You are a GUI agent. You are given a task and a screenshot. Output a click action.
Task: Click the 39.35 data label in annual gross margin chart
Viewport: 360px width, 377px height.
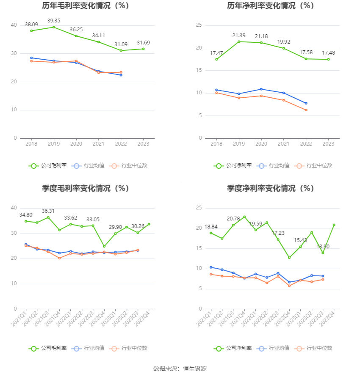(54, 20)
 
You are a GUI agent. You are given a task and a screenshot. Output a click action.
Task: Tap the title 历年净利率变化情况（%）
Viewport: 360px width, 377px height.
(270, 6)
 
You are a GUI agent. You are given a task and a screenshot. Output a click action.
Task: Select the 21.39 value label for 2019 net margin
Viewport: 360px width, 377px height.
(239, 36)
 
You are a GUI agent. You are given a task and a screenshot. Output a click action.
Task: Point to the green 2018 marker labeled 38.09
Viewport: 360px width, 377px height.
(31, 31)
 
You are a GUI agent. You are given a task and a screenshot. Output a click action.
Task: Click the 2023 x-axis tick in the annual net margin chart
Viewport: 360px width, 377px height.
(328, 144)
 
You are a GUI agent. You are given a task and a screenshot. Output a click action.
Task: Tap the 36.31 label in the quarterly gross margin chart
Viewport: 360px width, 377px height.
(48, 211)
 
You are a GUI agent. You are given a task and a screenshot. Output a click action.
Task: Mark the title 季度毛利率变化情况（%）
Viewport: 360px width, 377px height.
(86, 188)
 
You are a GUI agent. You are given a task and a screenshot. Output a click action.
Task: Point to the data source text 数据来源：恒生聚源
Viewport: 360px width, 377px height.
(180, 369)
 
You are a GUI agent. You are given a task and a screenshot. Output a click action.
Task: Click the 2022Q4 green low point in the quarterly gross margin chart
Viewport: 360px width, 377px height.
(104, 246)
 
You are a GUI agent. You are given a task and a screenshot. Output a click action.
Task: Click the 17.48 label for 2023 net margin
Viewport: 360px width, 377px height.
(328, 53)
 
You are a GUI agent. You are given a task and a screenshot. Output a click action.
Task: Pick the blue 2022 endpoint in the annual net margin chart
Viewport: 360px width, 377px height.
(306, 103)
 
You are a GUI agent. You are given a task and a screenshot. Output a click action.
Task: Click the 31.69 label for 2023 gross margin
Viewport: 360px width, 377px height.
(143, 43)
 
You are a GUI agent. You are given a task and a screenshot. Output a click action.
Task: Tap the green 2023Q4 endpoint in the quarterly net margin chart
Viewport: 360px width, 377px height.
(334, 225)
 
